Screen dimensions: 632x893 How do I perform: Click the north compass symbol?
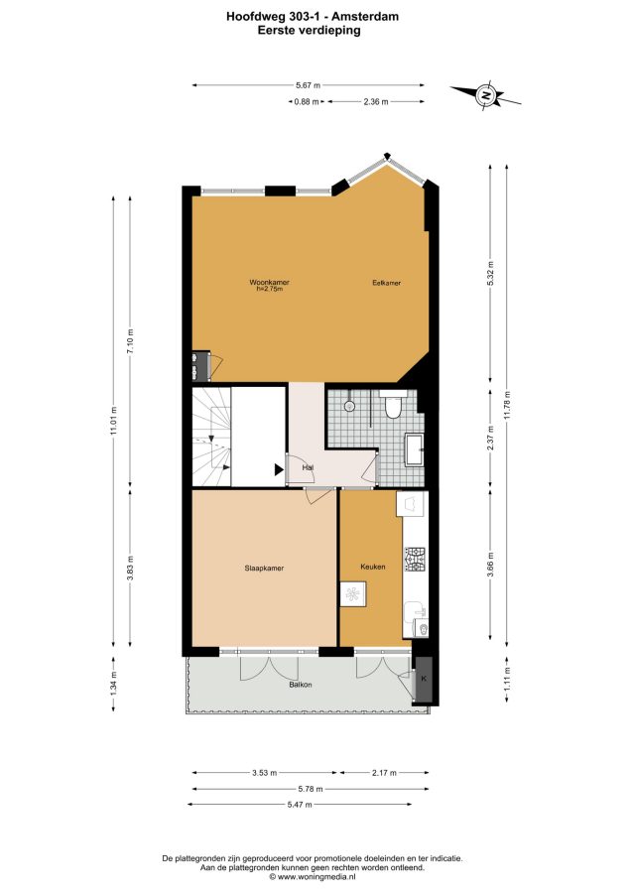click(x=486, y=95)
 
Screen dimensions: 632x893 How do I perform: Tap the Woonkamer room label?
click(x=269, y=283)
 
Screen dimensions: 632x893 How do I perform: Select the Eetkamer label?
click(x=387, y=283)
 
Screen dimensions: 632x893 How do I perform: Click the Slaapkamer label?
click(x=264, y=568)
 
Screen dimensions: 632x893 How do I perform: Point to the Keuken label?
click(x=373, y=567)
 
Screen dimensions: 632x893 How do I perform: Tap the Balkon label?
click(x=301, y=685)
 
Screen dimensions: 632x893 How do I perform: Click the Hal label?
click(x=309, y=467)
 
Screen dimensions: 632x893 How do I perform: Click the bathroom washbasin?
click(x=414, y=449)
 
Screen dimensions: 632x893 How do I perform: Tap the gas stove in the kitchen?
click(x=415, y=560)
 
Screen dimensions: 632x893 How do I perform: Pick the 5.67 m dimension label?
click(x=308, y=85)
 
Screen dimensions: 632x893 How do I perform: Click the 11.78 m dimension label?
click(x=507, y=405)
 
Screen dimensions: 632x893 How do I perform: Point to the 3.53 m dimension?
click(x=265, y=773)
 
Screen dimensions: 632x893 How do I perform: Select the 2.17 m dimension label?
click(x=384, y=773)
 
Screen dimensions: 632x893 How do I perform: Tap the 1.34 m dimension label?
click(x=114, y=684)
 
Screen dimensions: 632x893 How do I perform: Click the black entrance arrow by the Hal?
click(x=279, y=469)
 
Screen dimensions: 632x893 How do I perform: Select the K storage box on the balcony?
click(x=424, y=680)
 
